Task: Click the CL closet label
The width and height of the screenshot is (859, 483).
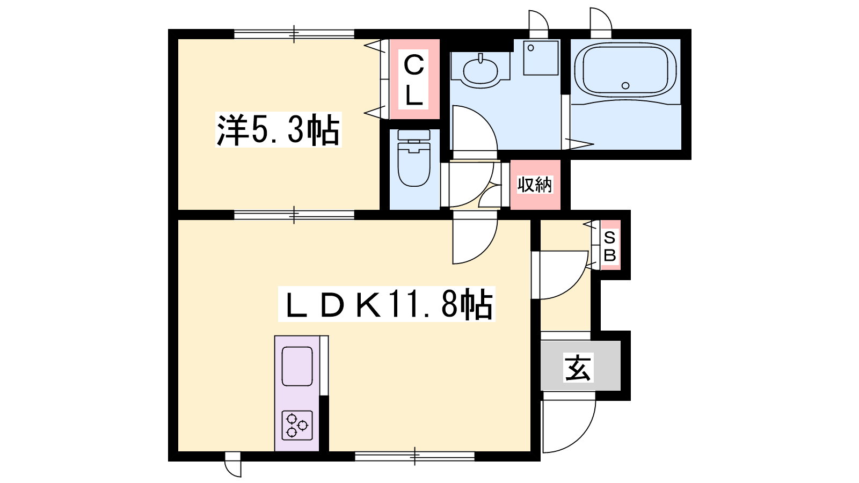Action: point(413,79)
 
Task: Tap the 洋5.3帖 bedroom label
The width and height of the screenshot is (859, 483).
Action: point(279,130)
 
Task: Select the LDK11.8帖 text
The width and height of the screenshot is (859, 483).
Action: point(387,304)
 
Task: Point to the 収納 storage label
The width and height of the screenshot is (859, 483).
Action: point(535,185)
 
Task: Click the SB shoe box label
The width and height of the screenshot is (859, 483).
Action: point(610,246)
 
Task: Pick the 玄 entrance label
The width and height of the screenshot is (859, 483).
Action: point(578,367)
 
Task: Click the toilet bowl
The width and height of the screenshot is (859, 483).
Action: point(414,164)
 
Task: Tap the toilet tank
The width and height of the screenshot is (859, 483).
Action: point(414,135)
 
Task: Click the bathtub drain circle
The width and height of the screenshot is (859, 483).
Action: point(625,85)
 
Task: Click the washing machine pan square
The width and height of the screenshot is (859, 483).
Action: point(541,58)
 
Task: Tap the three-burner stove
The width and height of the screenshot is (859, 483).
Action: point(297,425)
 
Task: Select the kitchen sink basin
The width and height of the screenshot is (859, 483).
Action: point(297,366)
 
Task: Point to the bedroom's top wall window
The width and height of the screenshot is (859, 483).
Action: point(294,34)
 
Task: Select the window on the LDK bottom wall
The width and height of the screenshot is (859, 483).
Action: point(414,456)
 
